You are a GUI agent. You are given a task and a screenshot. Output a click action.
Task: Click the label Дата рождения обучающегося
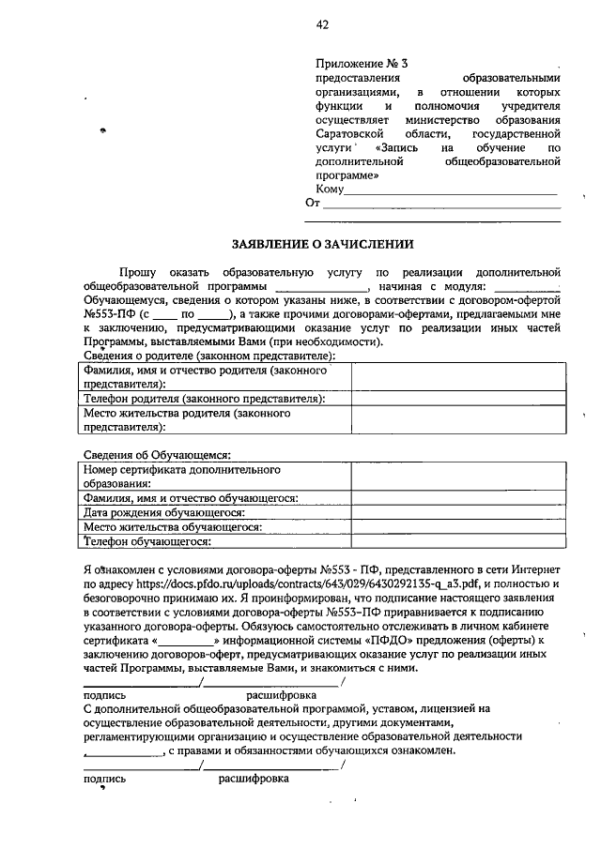click(164, 513)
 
